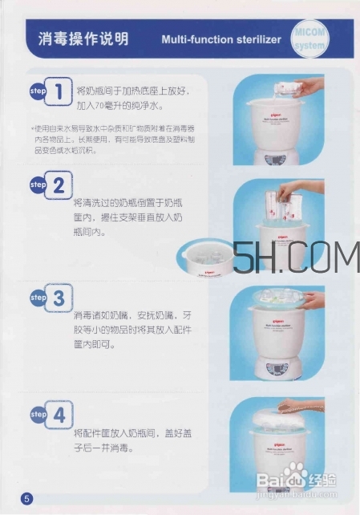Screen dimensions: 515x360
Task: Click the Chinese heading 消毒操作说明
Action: point(83,39)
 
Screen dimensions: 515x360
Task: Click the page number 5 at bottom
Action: point(26,499)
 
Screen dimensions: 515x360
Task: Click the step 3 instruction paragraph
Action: point(131,330)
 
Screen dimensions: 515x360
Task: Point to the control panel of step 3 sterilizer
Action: point(277,370)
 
